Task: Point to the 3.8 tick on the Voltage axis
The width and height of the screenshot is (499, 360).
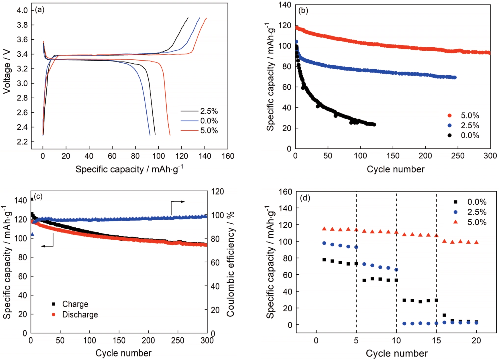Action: [22, 25]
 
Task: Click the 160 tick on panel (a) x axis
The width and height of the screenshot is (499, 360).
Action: [228, 156]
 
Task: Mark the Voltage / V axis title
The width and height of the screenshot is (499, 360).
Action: [7, 72]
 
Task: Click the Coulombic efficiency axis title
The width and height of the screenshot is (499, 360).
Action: [230, 264]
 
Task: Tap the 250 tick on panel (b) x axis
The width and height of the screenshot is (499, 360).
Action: [458, 156]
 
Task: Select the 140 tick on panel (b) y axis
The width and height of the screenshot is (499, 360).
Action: [285, 5]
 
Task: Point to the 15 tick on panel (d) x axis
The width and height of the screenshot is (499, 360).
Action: [436, 340]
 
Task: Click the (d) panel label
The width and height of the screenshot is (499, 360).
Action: [305, 198]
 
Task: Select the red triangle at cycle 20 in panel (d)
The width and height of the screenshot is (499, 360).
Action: [476, 242]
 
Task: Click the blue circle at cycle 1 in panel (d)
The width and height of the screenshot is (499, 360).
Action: [324, 243]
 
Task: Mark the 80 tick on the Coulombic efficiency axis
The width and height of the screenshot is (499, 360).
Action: [215, 239]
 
